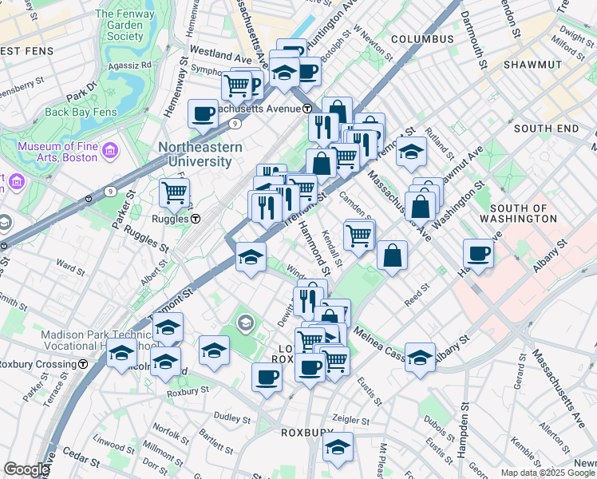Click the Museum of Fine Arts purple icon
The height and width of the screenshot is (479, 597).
point(111,150)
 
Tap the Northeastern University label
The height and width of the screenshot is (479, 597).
point(194,155)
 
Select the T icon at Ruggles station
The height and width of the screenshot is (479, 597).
point(195,218)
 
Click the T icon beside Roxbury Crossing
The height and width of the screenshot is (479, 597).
point(84,364)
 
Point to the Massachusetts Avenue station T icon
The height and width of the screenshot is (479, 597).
point(307,109)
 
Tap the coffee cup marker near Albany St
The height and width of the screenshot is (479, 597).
point(478,254)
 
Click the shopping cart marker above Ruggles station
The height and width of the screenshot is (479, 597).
point(174,192)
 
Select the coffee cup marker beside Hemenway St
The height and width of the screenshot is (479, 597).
point(203,113)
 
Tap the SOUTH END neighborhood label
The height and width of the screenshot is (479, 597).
point(546,129)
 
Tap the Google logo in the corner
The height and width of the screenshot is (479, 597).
point(26,469)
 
